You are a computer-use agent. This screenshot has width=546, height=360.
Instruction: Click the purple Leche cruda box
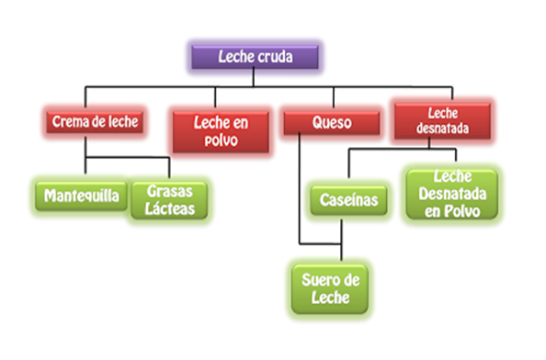(x=256, y=57)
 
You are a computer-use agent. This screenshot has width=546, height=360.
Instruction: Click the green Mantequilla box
(x=81, y=196)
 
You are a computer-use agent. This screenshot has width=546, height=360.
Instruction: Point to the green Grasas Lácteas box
(x=170, y=199)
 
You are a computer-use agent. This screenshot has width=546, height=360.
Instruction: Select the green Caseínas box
(x=346, y=197)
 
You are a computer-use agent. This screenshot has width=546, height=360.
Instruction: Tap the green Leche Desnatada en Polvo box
(x=451, y=194)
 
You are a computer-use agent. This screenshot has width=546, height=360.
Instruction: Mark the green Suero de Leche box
(x=328, y=287)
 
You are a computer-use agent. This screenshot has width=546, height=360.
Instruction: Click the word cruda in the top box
(x=275, y=57)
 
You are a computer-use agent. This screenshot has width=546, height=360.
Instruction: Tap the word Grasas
(x=170, y=191)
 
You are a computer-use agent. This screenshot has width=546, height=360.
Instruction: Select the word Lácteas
(x=170, y=208)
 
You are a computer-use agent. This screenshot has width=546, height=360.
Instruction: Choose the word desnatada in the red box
(x=442, y=129)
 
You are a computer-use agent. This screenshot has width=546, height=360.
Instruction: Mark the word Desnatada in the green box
(x=451, y=194)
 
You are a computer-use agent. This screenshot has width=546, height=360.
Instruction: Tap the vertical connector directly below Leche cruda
(x=256, y=80)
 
